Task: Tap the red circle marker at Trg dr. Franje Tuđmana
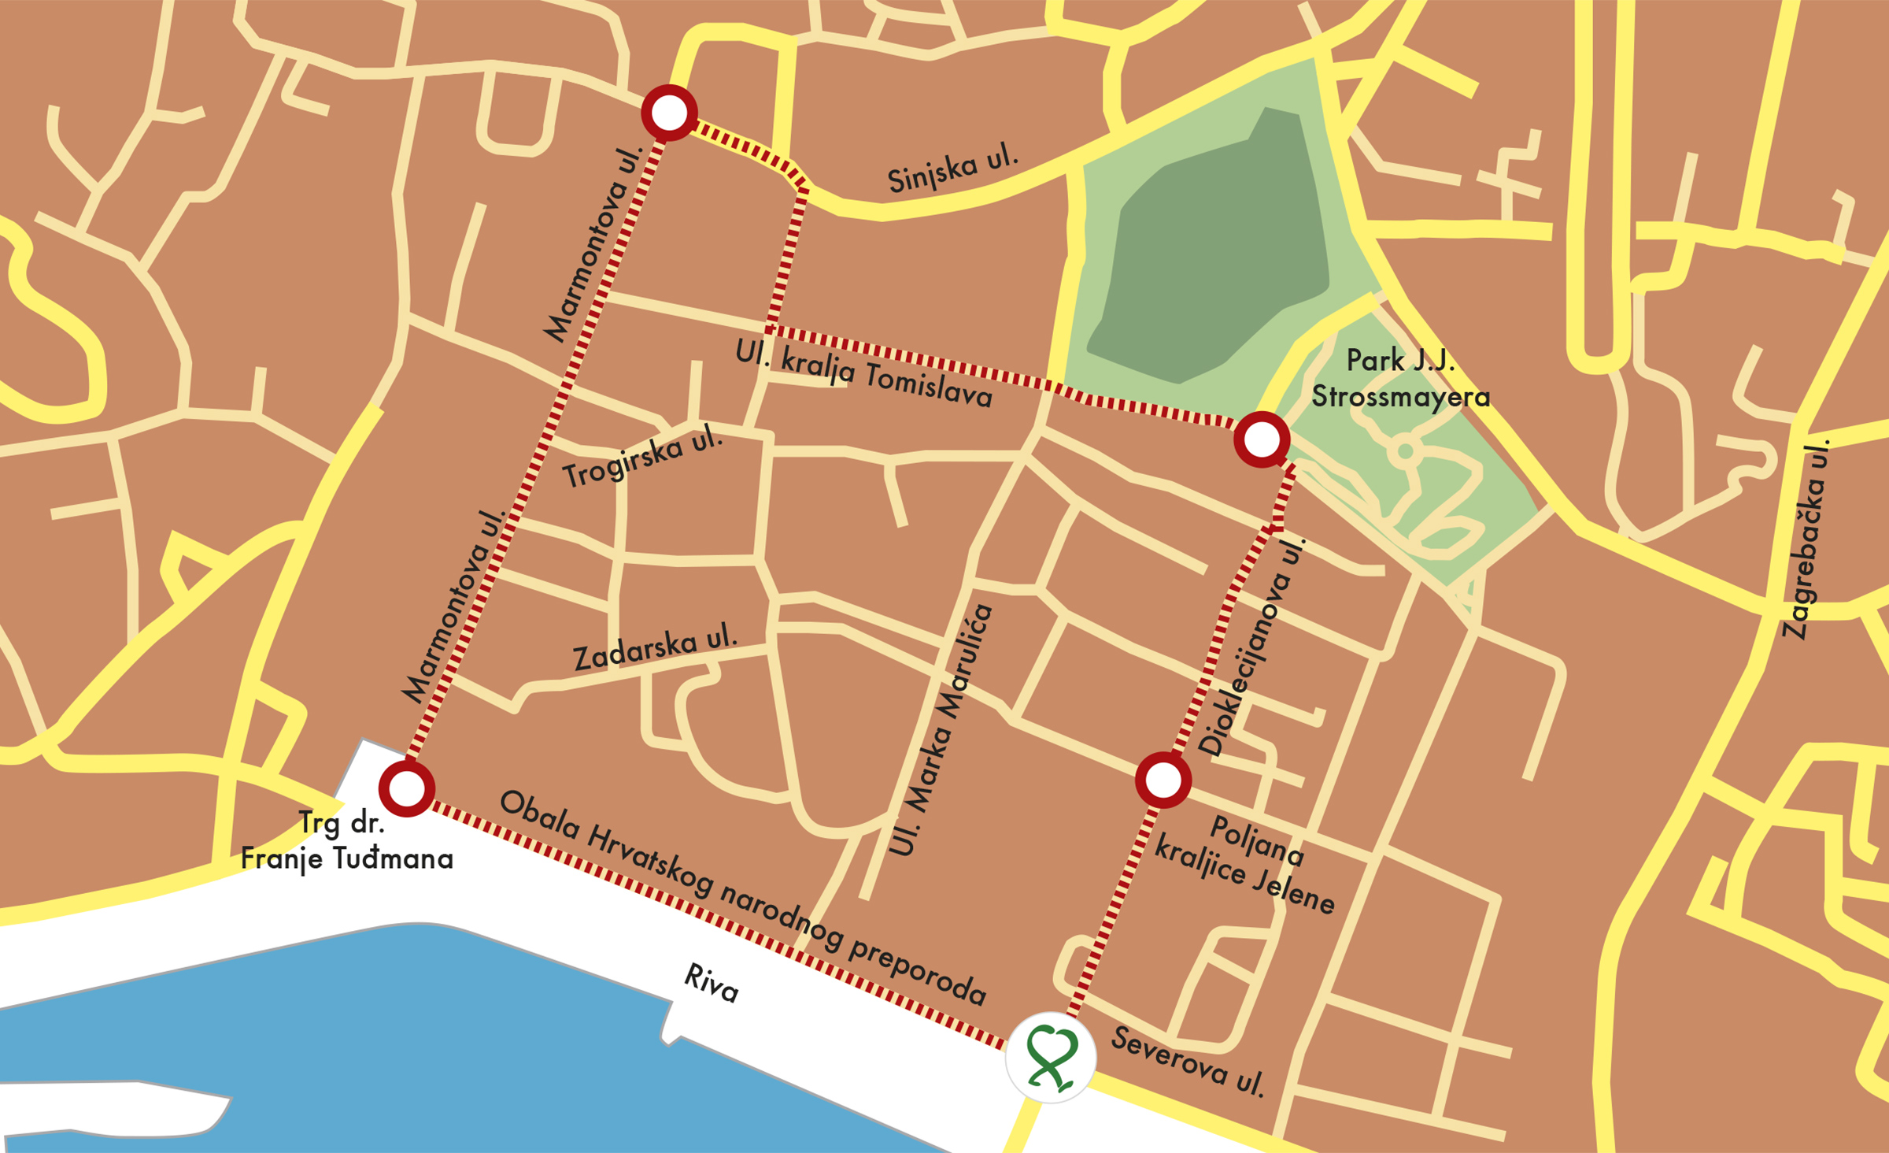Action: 407,788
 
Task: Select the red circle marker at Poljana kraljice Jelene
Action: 1163,780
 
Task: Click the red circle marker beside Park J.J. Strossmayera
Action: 1262,439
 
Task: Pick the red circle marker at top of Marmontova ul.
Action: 669,113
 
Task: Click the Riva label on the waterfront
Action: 711,983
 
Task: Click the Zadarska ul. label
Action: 655,647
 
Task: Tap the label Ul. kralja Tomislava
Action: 863,374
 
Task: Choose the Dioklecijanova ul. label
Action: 1251,647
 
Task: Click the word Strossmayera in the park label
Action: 1400,397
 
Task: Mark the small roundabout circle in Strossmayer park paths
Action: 1405,452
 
